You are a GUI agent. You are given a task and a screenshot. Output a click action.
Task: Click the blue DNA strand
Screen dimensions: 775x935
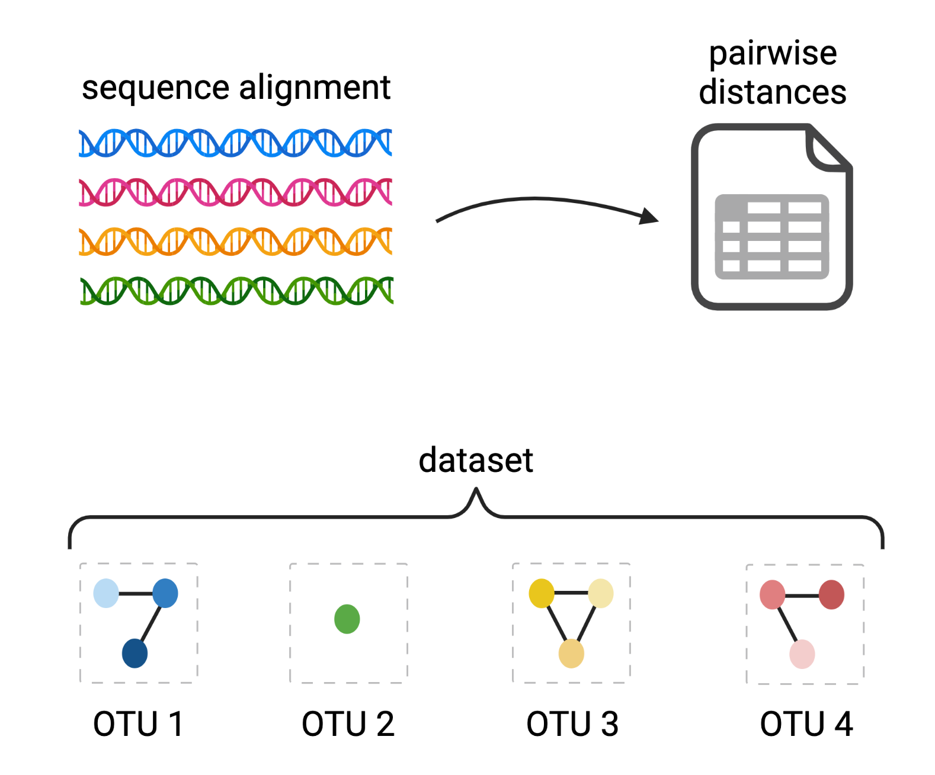pos(235,143)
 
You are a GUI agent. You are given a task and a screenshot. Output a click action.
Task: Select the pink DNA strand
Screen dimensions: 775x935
pos(235,192)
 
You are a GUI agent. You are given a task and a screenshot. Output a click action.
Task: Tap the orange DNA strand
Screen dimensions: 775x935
pos(235,242)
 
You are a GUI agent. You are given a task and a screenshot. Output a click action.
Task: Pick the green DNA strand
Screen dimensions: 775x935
pos(236,291)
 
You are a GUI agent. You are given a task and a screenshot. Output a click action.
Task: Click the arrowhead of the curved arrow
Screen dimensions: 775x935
pos(651,217)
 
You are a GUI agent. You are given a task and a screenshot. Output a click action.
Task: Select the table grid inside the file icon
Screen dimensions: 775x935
pos(771,237)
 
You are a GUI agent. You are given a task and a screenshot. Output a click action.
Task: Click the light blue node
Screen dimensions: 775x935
pos(106,593)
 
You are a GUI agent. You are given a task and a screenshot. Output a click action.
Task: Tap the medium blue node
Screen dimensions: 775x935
pos(165,593)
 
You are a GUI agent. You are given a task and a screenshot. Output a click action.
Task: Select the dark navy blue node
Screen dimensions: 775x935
pos(135,653)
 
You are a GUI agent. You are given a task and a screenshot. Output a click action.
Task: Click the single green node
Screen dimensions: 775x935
pos(347,619)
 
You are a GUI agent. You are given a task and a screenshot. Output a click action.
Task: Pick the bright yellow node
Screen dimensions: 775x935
pos(542,593)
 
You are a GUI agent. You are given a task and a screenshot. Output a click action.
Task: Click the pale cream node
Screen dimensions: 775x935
pos(601,593)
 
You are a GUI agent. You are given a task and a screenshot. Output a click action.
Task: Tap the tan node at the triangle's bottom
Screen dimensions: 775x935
pos(571,653)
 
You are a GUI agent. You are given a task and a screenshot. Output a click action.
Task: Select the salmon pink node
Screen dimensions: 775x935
pos(772,594)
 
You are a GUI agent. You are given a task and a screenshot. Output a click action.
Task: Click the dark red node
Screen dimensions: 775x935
pos(831,594)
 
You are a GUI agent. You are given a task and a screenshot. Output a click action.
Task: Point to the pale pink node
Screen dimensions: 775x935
pos(802,654)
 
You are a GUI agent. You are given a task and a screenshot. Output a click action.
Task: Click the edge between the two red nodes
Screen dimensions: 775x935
pos(802,595)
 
